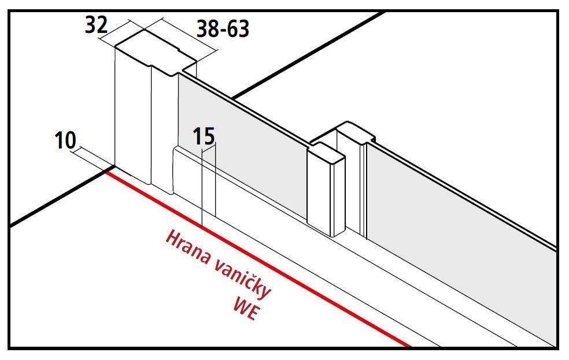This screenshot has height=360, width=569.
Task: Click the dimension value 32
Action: click(x=96, y=25)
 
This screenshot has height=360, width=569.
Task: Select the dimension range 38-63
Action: click(x=223, y=29)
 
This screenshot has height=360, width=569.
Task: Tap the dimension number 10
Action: click(x=65, y=140)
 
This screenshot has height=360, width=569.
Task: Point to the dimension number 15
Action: click(x=204, y=136)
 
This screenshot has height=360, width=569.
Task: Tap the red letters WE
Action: click(x=246, y=308)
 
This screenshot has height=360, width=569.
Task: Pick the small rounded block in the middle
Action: click(x=326, y=189)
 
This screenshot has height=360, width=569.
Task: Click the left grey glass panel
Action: click(x=241, y=145)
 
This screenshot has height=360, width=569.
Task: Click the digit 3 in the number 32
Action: click(x=91, y=25)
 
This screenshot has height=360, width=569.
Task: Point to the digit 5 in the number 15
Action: click(x=209, y=136)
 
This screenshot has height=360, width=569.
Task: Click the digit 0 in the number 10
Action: click(x=71, y=140)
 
